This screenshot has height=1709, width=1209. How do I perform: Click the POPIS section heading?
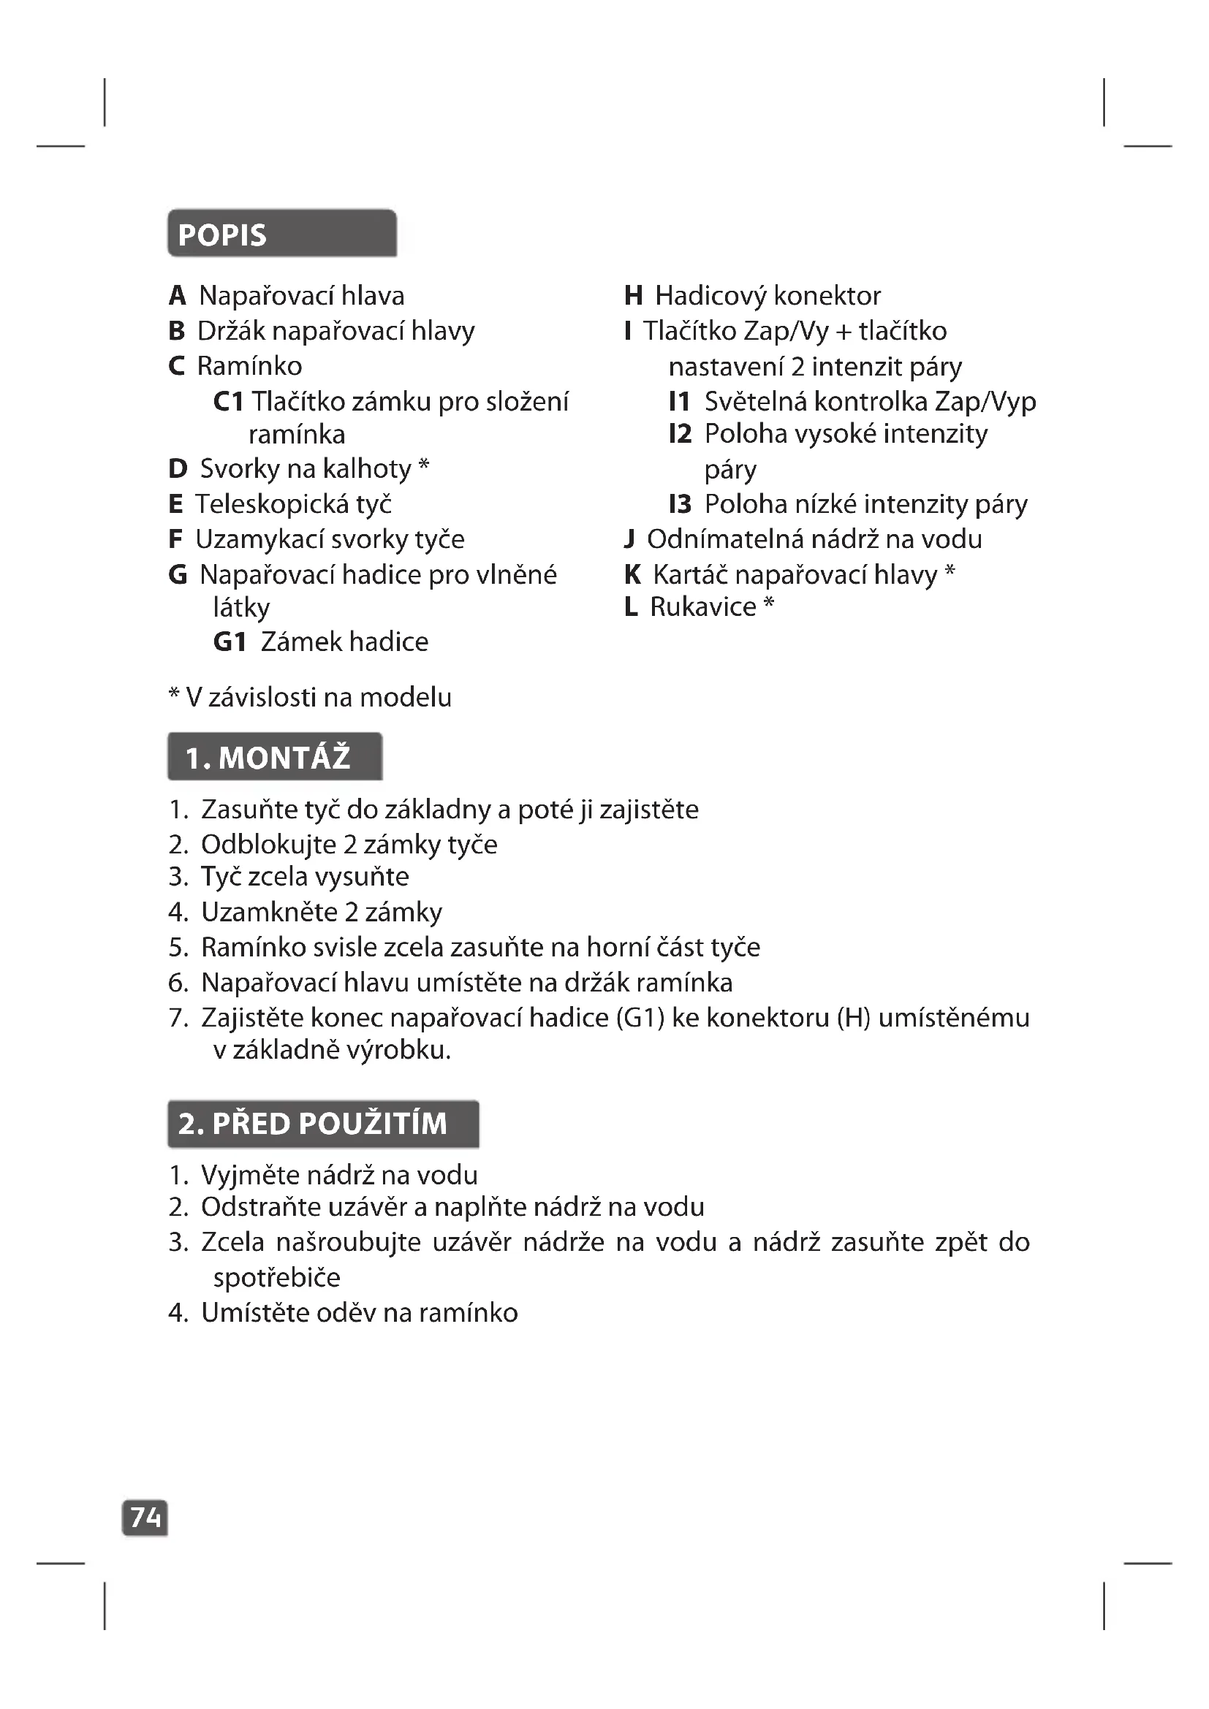(222, 235)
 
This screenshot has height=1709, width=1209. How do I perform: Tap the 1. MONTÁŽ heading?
(268, 758)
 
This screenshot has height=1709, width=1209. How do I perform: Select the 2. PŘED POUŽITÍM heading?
(313, 1123)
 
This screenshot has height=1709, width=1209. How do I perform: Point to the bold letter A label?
(177, 296)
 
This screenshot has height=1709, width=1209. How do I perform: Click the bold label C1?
(228, 402)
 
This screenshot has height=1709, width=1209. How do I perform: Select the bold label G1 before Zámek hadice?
(230, 642)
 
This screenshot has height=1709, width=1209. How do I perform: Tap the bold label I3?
(680, 505)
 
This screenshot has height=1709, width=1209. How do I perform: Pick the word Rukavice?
(702, 607)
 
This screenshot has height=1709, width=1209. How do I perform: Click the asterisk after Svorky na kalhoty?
(424, 467)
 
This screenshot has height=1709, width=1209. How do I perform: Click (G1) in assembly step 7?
(640, 1018)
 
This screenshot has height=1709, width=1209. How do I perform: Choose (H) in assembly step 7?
(853, 1018)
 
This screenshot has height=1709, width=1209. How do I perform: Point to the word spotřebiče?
(277, 1278)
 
